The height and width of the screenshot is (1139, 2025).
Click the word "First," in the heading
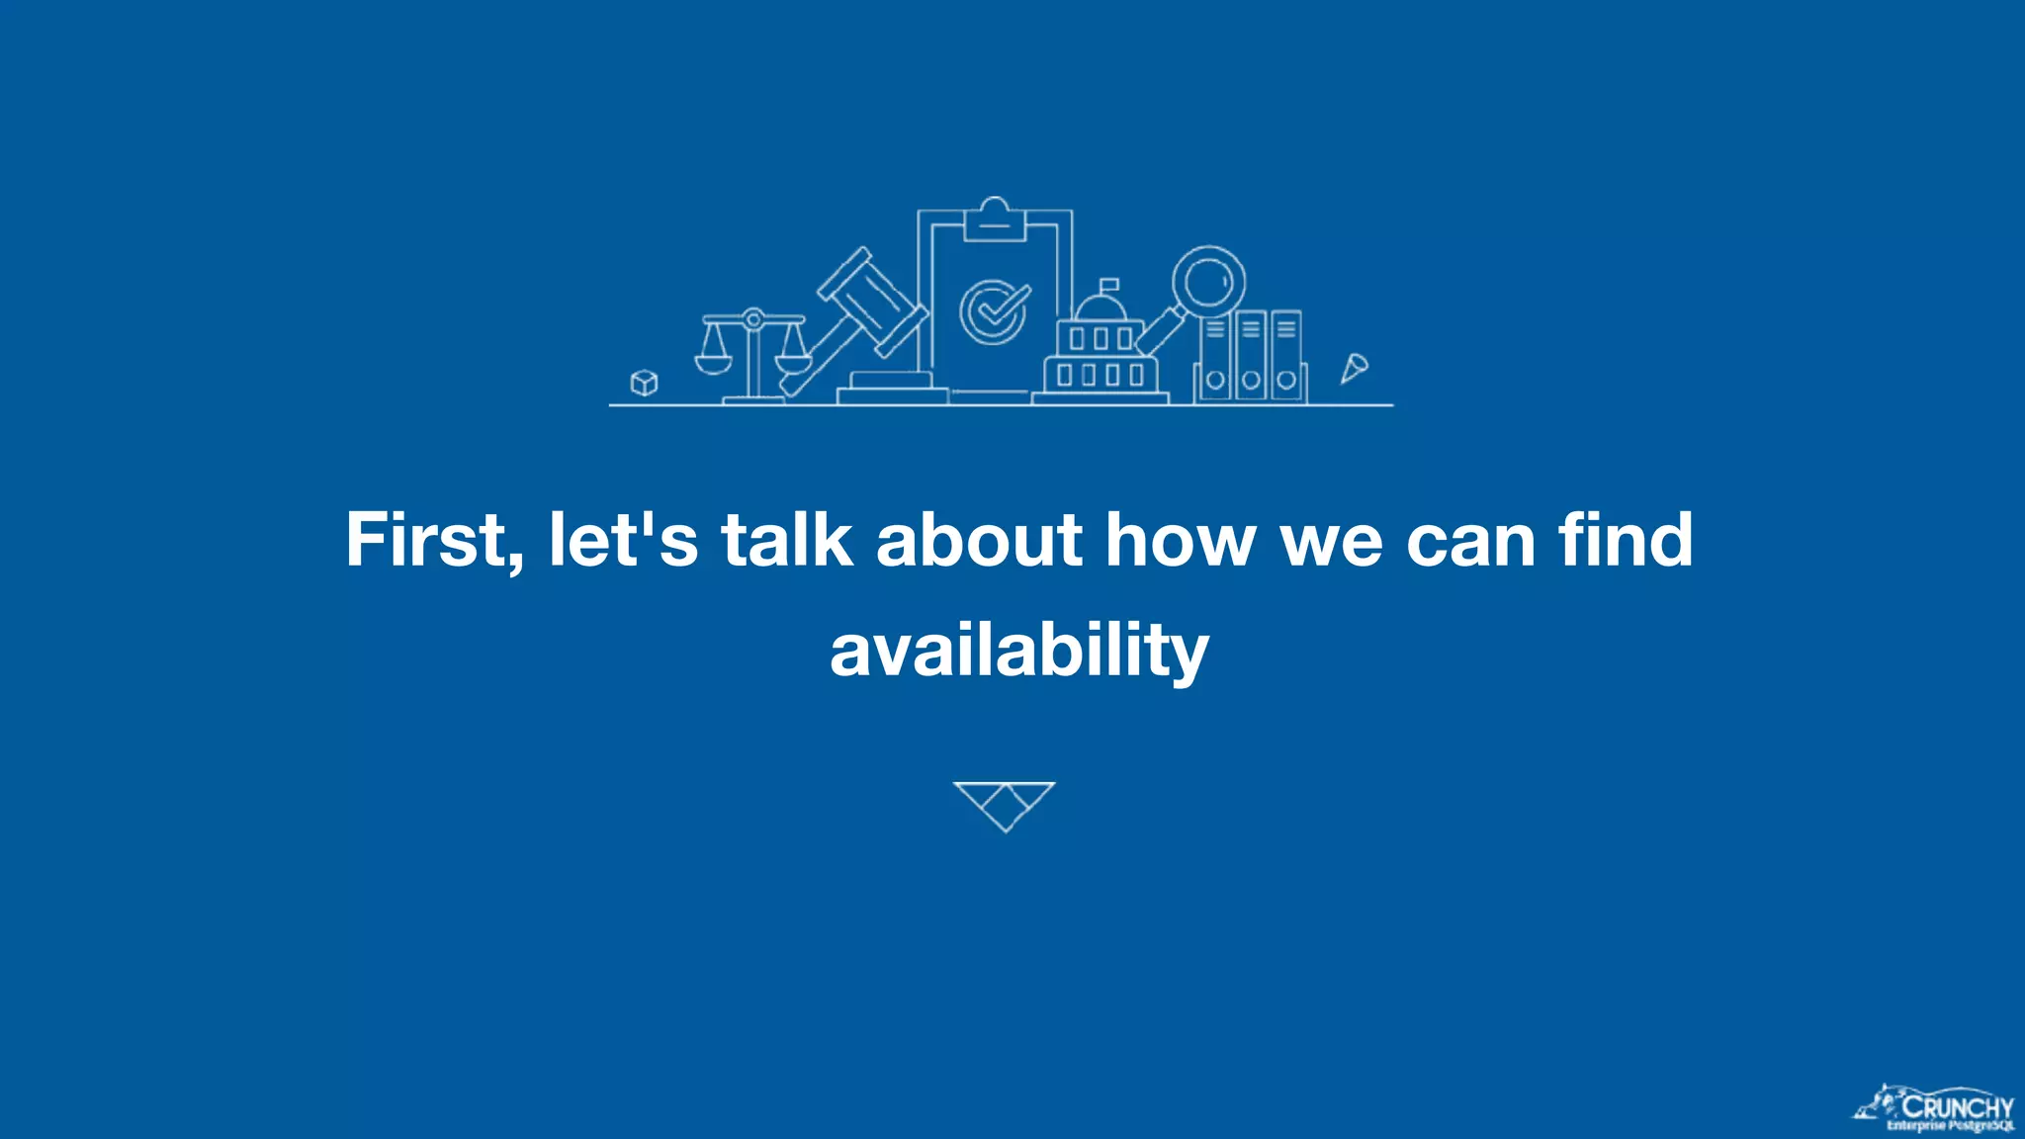[433, 541]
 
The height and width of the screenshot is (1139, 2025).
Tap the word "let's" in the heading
[623, 541]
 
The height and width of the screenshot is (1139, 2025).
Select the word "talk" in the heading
[787, 541]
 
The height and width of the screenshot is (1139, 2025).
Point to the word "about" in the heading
[979, 541]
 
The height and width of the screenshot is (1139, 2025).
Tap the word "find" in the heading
[1626, 541]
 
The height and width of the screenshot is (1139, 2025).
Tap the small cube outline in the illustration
[644, 382]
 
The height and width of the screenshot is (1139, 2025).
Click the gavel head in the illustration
[871, 301]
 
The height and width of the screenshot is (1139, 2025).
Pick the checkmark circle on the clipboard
[993, 311]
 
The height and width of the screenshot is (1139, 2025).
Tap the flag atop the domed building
[1109, 285]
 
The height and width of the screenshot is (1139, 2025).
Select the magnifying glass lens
[1208, 281]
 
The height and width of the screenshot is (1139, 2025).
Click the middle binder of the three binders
[1251, 356]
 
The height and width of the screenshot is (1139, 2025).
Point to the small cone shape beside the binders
[1354, 368]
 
